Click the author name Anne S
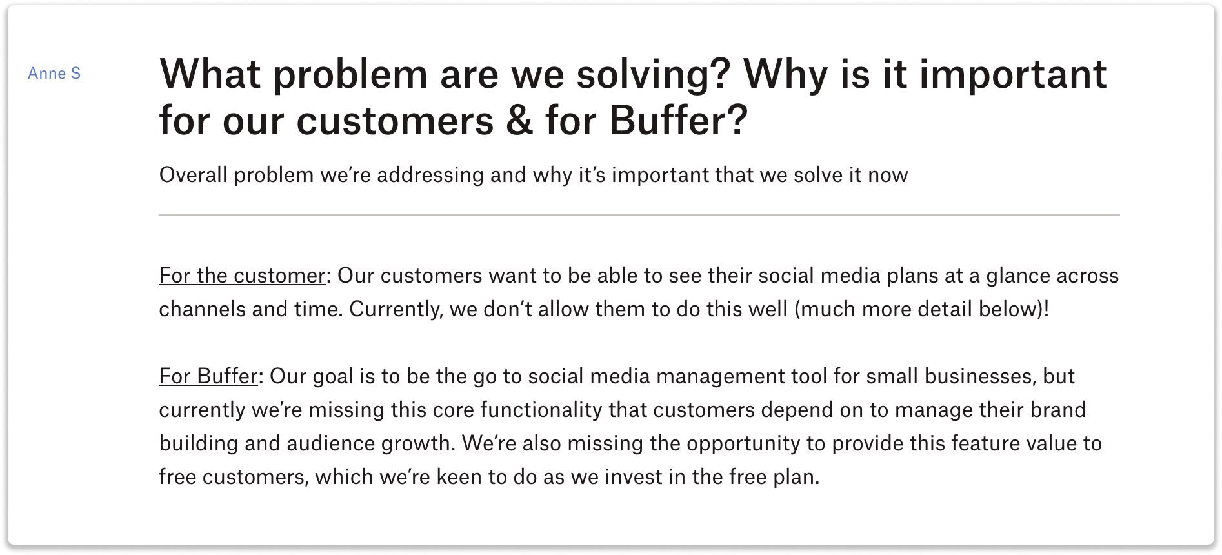click(54, 74)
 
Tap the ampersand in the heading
click(520, 121)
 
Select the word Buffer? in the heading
click(678, 121)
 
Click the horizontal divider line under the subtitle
click(639, 215)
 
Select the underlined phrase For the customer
click(242, 276)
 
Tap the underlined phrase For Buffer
click(208, 376)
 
